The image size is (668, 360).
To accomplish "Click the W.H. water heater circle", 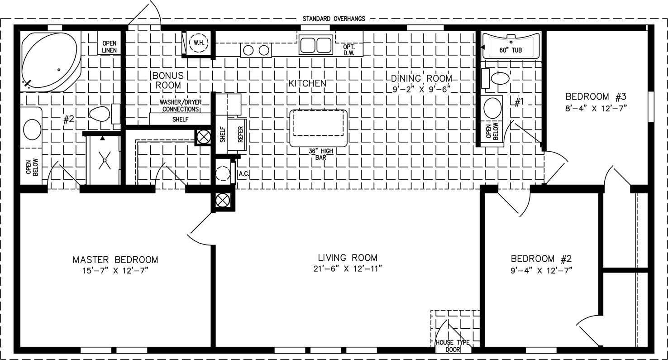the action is [199, 43].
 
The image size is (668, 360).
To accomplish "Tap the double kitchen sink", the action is [316, 45].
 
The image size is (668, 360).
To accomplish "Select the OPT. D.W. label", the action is [348, 50].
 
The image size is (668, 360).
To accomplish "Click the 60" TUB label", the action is [511, 50].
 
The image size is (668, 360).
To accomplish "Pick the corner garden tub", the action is [50, 61].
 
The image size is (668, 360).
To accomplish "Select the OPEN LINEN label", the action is [109, 47].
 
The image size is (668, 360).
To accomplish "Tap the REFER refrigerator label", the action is [240, 134].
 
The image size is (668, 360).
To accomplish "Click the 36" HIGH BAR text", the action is [320, 154].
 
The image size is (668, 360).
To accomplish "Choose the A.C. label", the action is [243, 173].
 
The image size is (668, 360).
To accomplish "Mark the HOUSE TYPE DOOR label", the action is [453, 346].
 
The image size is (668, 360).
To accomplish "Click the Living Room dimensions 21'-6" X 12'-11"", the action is [348, 269].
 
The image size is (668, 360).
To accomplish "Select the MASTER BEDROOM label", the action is [115, 260].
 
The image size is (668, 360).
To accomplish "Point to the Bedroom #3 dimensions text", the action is [596, 108].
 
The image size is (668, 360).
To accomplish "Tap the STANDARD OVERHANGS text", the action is [334, 19].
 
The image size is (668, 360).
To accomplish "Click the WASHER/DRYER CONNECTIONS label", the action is [181, 106].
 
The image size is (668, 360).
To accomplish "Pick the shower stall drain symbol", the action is [105, 160].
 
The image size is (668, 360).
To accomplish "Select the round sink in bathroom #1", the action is [492, 108].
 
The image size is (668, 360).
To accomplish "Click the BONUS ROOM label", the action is [168, 80].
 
